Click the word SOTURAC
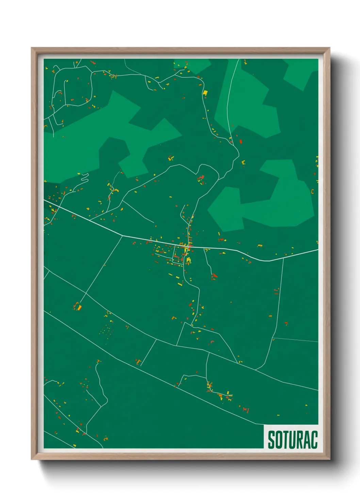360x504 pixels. (x=293, y=440)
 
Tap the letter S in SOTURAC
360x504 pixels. (x=272, y=440)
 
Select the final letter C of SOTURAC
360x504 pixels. (x=314, y=440)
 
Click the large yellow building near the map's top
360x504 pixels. (x=205, y=92)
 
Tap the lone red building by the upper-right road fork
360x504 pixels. (x=241, y=141)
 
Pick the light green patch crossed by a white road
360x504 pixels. (x=248, y=102)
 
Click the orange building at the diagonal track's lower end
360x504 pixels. (x=79, y=308)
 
